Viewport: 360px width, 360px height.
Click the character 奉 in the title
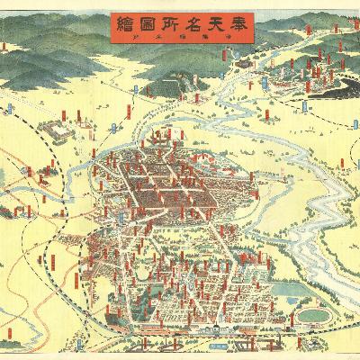click(231, 26)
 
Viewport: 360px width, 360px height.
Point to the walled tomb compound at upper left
click(54, 130)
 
